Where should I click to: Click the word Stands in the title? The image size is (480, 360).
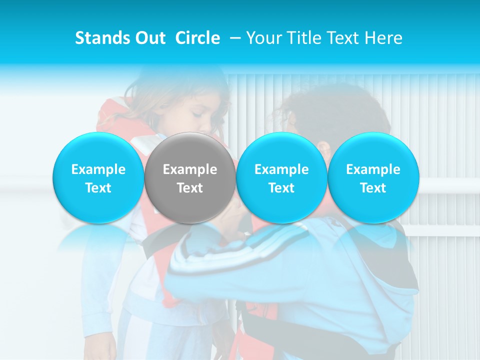pyautogui.click(x=102, y=38)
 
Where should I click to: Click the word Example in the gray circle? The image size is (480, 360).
pyautogui.click(x=190, y=169)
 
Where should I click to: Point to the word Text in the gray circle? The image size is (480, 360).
pyautogui.click(x=190, y=188)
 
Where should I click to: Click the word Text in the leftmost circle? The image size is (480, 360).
pyautogui.click(x=98, y=188)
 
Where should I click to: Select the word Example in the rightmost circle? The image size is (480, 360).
pyautogui.click(x=373, y=169)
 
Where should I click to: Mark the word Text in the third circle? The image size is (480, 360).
pyautogui.click(x=281, y=188)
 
